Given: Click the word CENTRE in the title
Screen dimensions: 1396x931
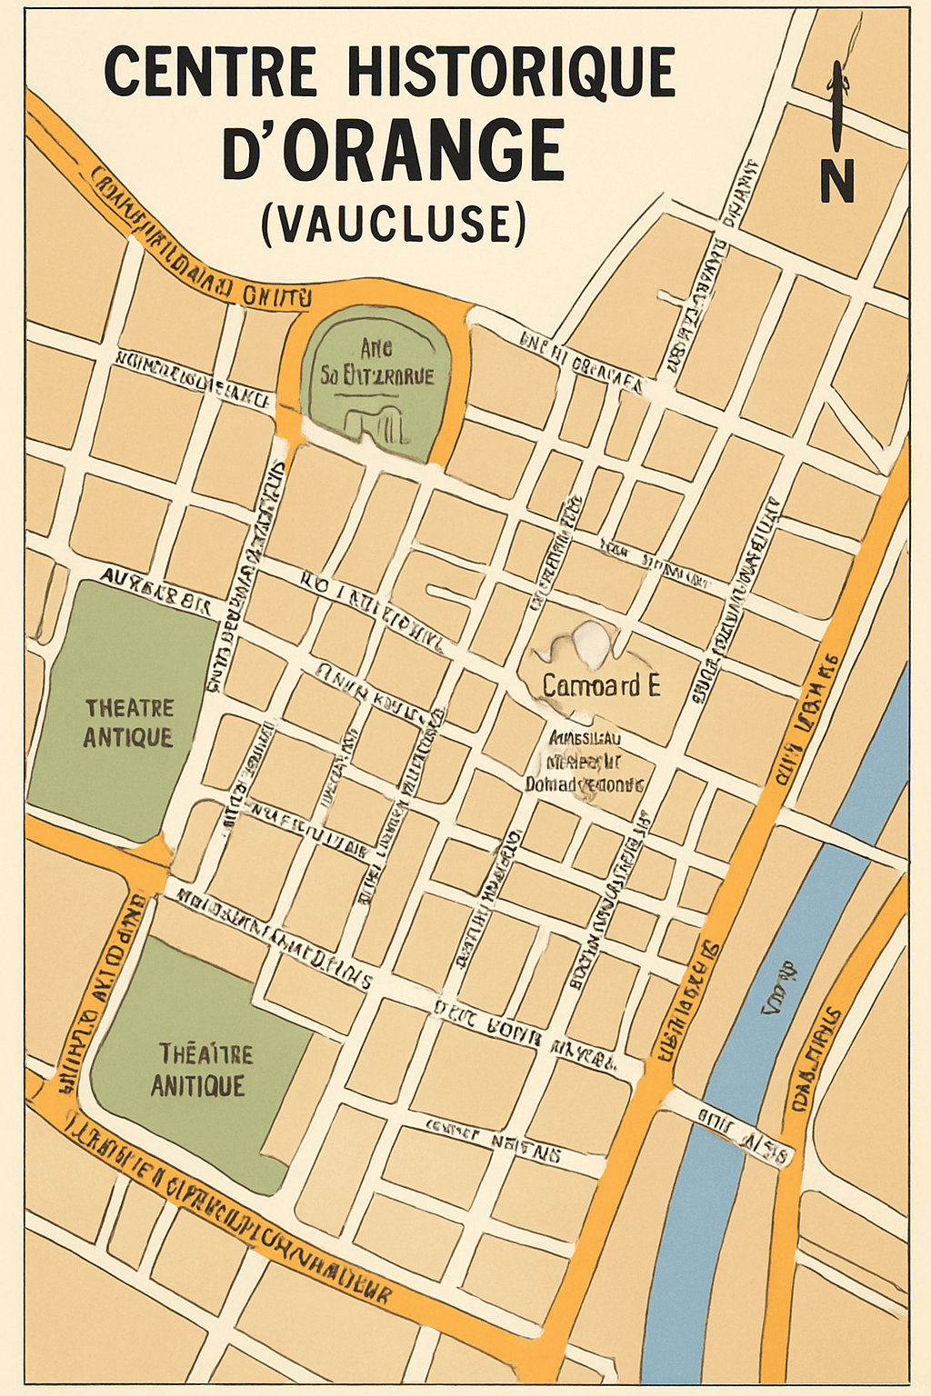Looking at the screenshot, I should pyautogui.click(x=211, y=72).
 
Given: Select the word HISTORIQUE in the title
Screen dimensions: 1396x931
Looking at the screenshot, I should pyautogui.click(x=511, y=72).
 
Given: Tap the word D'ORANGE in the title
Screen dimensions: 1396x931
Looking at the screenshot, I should pyautogui.click(x=393, y=149).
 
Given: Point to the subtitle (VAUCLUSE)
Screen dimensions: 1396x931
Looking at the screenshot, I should pyautogui.click(x=393, y=223).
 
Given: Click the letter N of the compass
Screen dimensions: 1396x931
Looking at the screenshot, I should pyautogui.click(x=836, y=182).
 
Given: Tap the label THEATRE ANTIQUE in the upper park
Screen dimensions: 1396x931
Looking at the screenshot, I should pyautogui.click(x=128, y=723).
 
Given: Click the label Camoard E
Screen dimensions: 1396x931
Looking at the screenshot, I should pyautogui.click(x=600, y=685).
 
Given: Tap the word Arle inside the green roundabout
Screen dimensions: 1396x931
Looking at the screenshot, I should pyautogui.click(x=375, y=348).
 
